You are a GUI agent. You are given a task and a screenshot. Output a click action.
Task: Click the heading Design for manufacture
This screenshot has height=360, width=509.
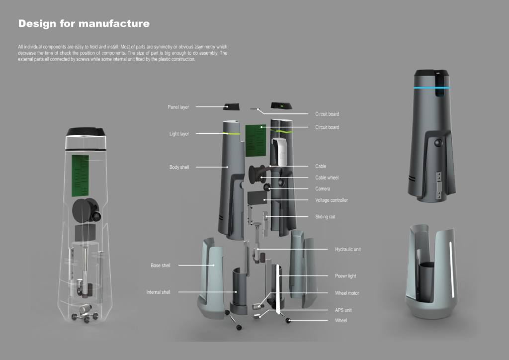click(84, 24)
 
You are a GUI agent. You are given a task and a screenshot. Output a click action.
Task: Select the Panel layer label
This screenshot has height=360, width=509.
click(178, 107)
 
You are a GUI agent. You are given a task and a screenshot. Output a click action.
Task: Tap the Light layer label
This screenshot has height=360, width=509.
click(179, 134)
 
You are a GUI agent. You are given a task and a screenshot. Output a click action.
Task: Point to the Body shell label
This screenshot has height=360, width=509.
click(179, 167)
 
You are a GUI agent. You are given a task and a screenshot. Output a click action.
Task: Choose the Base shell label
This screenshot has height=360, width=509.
click(161, 265)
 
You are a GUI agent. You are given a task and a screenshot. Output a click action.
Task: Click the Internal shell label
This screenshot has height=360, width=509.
click(158, 292)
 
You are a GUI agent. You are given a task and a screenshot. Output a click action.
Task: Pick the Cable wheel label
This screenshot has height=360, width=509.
click(327, 178)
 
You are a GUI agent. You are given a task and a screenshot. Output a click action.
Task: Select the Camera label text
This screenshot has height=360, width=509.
click(322, 188)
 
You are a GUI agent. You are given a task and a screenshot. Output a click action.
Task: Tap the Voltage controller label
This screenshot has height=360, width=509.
click(332, 200)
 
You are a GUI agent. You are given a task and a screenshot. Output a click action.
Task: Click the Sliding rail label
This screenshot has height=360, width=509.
click(325, 216)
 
